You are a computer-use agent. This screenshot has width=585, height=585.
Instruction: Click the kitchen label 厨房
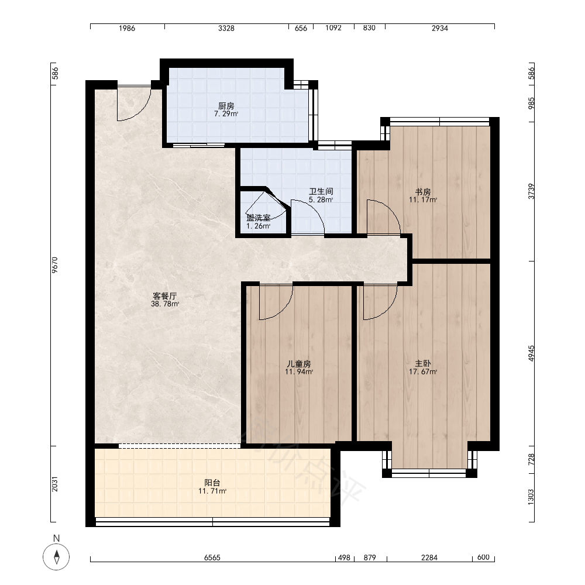(x=226, y=106)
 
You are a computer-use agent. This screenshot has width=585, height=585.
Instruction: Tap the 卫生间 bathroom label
(x=321, y=192)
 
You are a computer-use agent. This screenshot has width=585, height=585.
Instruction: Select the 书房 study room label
(x=423, y=192)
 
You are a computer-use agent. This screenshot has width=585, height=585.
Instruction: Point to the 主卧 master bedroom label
(x=423, y=364)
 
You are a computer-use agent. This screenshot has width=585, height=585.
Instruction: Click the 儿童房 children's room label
(x=299, y=364)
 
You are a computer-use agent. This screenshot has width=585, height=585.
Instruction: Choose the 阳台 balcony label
(x=212, y=483)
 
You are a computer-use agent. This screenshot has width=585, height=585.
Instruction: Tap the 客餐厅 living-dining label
(x=165, y=296)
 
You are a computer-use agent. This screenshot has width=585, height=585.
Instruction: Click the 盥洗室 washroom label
(x=258, y=218)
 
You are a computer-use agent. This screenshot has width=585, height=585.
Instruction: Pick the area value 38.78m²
(x=165, y=304)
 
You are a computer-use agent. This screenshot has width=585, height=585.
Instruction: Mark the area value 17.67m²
(x=423, y=371)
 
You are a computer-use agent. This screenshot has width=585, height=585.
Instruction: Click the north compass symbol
(x=56, y=557)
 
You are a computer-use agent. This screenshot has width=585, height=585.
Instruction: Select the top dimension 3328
(x=226, y=28)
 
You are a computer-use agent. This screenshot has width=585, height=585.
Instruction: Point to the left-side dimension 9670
(x=55, y=265)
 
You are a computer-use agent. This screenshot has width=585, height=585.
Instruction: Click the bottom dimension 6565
(x=212, y=558)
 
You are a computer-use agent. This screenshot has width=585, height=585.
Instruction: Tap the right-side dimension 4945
(x=531, y=353)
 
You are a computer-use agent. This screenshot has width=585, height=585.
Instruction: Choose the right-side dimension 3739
(x=531, y=191)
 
